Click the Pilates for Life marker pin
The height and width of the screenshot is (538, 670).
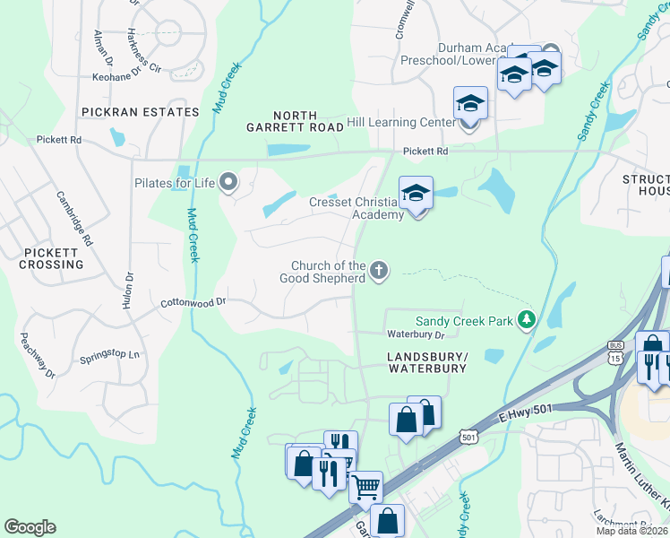pyautogui.click(x=228, y=183)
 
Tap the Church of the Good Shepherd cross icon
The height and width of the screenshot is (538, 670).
pyautogui.click(x=379, y=270)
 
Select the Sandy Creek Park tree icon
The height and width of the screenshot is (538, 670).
pyautogui.click(x=528, y=320)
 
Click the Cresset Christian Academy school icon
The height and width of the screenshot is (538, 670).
pyautogui.click(x=417, y=195)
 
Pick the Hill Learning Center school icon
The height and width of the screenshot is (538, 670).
pyautogui.click(x=470, y=105)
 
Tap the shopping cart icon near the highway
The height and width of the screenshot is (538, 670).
pyautogui.click(x=365, y=488)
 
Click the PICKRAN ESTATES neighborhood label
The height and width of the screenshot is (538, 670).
pyautogui.click(x=139, y=112)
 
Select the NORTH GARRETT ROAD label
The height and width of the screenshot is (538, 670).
pyautogui.click(x=295, y=122)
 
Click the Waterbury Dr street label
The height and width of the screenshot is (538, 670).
pyautogui.click(x=416, y=334)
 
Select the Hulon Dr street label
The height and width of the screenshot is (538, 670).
pyautogui.click(x=129, y=291)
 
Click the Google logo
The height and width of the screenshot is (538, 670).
pyautogui.click(x=30, y=527)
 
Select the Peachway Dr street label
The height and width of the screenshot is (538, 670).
pyautogui.click(x=38, y=355)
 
